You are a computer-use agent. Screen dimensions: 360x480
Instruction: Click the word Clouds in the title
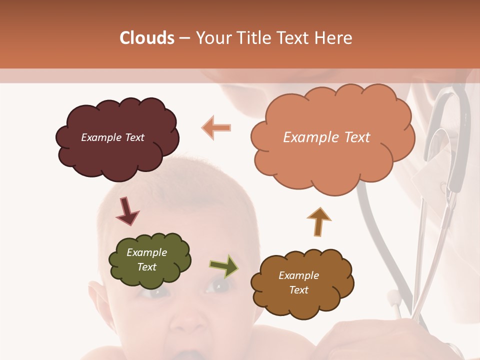click(x=147, y=38)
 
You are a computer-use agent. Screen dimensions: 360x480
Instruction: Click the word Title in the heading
click(x=250, y=38)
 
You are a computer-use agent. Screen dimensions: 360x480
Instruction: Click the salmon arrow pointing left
click(x=216, y=127)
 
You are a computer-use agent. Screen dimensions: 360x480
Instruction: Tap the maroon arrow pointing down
click(x=126, y=211)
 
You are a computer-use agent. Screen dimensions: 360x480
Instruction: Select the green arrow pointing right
click(x=224, y=266)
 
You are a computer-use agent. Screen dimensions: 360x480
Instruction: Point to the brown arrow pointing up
click(x=319, y=221)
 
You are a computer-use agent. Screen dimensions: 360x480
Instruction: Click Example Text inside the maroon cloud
click(x=112, y=137)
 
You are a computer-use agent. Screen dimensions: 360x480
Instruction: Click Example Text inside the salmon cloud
click(x=326, y=137)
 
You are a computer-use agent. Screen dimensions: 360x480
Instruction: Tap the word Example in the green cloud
click(x=146, y=252)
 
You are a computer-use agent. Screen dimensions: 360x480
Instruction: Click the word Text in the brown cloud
click(x=298, y=290)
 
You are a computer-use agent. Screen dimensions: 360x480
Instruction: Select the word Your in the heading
click(x=213, y=38)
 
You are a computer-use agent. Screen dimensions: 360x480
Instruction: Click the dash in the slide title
click(x=184, y=38)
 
